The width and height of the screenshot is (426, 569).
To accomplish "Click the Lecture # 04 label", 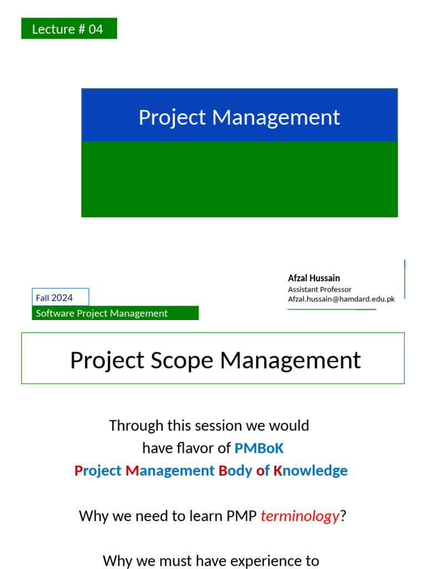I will click(68, 29).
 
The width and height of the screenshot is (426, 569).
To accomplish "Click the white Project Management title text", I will click(239, 117).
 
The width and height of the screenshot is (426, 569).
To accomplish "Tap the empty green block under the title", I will click(239, 179).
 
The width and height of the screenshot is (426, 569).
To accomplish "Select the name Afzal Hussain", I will click(314, 278).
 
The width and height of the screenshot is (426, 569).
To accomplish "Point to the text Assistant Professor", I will click(319, 290).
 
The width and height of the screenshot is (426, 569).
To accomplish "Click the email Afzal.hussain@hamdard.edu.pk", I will click(341, 299).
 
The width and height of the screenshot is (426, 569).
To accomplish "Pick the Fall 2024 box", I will click(60, 297).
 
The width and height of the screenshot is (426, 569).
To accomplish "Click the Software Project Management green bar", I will click(115, 313).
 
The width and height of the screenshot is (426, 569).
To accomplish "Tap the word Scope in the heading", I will click(187, 361).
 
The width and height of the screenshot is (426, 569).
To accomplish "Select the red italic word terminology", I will click(300, 516).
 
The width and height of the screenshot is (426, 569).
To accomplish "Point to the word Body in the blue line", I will click(235, 471).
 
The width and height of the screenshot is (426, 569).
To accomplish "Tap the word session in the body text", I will click(223, 426).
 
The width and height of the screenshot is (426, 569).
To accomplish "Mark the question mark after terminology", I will click(343, 516).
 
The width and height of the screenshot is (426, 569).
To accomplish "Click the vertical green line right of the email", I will click(405, 278).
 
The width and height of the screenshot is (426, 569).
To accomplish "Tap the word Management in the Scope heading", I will click(291, 361).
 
